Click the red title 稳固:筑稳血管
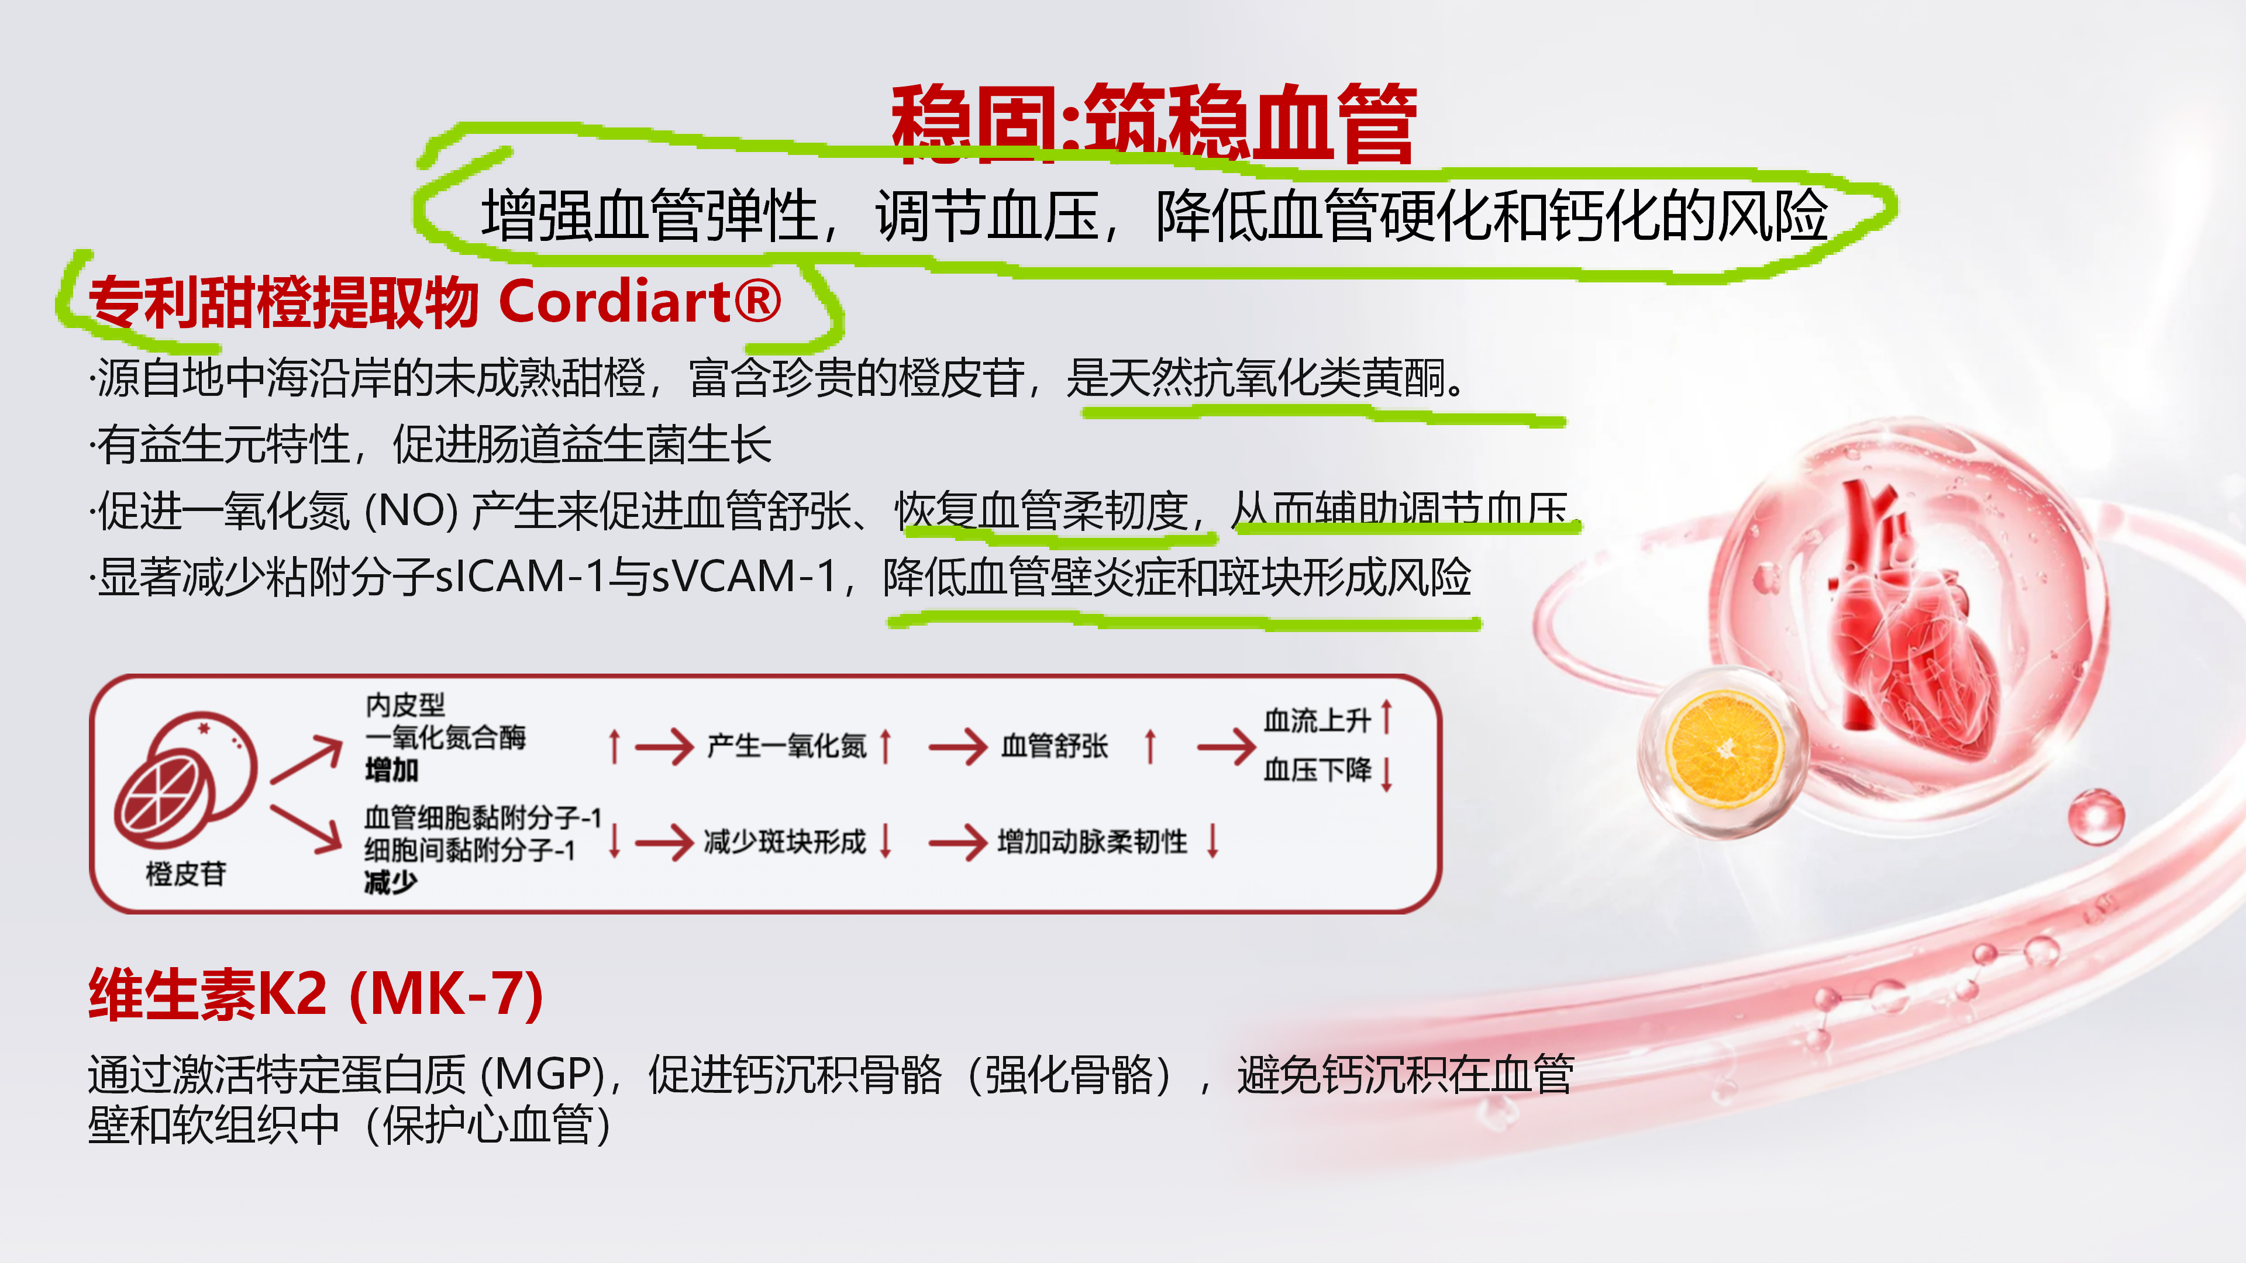(1153, 124)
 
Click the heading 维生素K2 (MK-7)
(316, 995)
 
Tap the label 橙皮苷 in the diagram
(186, 874)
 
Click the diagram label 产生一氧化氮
(787, 746)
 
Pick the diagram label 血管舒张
(1054, 746)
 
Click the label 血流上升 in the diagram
(1317, 721)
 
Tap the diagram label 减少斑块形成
(785, 842)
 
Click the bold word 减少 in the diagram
(391, 883)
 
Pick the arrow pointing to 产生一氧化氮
(664, 747)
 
